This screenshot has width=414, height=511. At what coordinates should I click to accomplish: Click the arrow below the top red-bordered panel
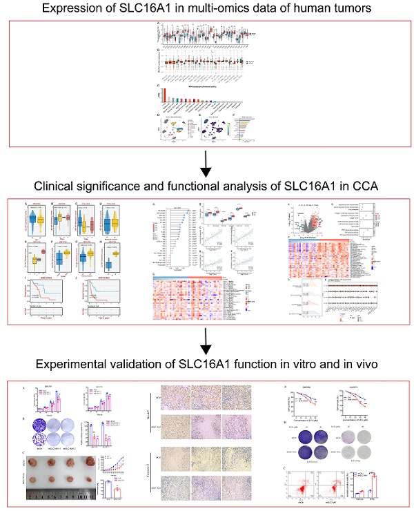(206, 163)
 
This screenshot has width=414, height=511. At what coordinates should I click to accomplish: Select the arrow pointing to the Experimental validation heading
(206, 340)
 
